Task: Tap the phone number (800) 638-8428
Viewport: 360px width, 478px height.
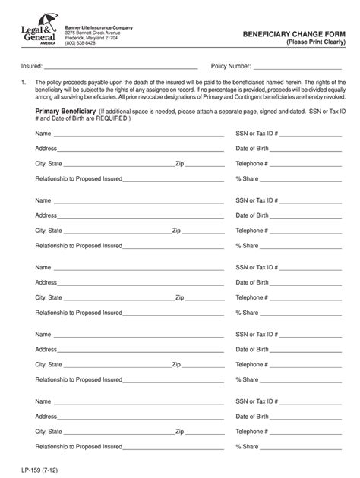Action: (81, 44)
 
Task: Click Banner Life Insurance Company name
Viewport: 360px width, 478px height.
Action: (99, 27)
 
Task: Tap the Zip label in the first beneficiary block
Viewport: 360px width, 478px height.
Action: (179, 163)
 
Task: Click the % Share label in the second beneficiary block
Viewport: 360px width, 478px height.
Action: (248, 246)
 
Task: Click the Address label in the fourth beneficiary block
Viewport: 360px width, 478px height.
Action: (46, 349)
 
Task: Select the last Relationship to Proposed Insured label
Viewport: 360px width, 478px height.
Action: (78, 446)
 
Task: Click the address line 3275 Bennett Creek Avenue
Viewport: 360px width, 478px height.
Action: (93, 33)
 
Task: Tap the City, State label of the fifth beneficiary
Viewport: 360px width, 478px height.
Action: (49, 431)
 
